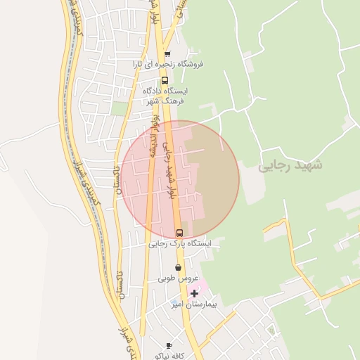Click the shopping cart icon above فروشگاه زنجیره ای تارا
tap(167, 54)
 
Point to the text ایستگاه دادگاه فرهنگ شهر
tap(166, 96)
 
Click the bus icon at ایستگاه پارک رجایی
tap(179, 233)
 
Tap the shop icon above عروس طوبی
tap(179, 268)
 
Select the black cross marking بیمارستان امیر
tap(194, 293)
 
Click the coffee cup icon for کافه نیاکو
tap(169, 345)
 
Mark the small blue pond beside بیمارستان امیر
tap(174, 304)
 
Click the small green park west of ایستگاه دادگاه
tap(120, 109)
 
